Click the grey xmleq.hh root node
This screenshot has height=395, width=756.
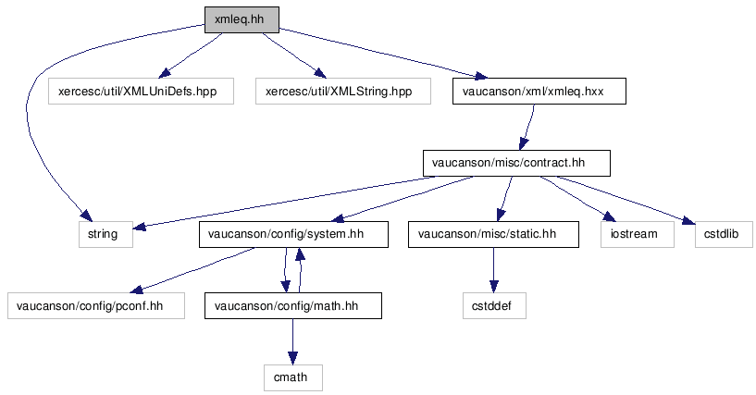coord(242,19)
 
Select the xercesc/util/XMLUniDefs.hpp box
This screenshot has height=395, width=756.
coord(141,91)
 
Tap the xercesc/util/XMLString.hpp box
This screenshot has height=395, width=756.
coord(342,91)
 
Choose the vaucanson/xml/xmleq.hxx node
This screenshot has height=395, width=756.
coord(539,91)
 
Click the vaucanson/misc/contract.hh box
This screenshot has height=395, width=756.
coord(516,164)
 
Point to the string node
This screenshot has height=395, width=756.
coord(105,235)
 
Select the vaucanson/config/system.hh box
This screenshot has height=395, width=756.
coord(293,235)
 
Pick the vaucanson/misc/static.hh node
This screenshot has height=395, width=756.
coord(493,235)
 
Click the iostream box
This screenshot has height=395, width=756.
coord(637,235)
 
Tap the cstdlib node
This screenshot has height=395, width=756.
coord(724,235)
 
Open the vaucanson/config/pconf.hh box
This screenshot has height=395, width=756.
coord(96,306)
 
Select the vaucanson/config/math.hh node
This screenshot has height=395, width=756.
coord(293,306)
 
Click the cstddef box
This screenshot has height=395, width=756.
coord(494,306)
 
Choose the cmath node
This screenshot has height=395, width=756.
coord(293,377)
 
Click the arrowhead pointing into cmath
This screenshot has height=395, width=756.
coord(292,358)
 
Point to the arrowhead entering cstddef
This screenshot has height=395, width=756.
coord(493,287)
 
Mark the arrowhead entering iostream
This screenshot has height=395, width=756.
coord(610,216)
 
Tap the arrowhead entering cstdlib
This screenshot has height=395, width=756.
coord(688,220)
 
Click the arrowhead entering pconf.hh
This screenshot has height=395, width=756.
coord(137,289)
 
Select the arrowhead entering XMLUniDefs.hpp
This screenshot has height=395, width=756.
coord(165,73)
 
